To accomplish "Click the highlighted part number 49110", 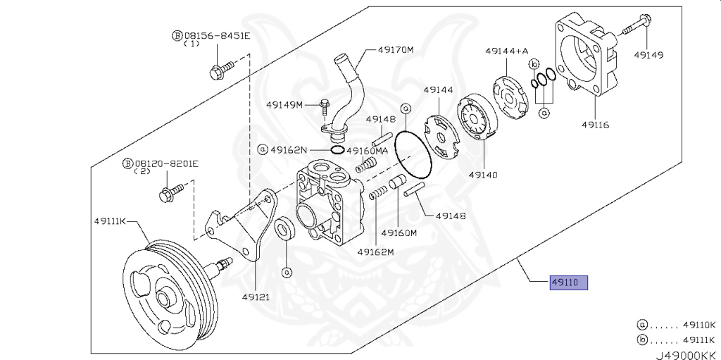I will point(568,283).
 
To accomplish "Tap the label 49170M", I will point(395,50).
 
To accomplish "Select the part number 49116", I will point(595,125).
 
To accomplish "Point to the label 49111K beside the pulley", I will point(110,221).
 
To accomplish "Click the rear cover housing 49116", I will point(584,63).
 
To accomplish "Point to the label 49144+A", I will point(506,51).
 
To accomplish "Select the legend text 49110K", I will point(698,325).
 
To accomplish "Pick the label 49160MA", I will point(367,150).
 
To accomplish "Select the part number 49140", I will point(484,173).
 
